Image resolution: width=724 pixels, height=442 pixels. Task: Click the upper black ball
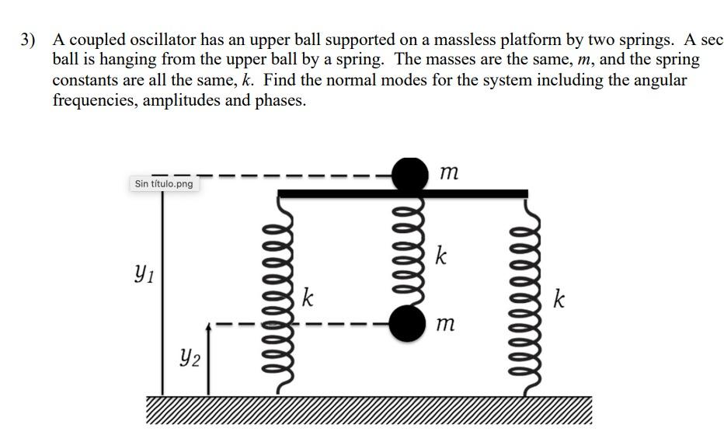click(x=409, y=175)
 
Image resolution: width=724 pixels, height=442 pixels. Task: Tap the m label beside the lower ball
click(x=445, y=325)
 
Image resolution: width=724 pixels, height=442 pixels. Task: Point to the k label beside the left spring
click(x=308, y=298)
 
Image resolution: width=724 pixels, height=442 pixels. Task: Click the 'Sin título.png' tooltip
click(x=163, y=184)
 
